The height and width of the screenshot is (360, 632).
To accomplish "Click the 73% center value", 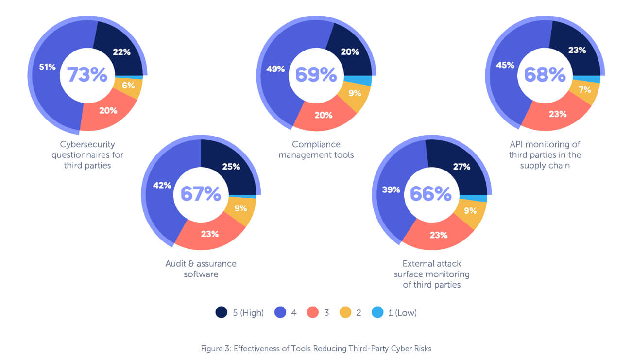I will coord(87,75).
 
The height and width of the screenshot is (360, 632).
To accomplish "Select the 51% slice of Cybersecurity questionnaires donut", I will coord(47,67).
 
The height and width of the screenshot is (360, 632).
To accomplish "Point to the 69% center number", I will coord(316,75).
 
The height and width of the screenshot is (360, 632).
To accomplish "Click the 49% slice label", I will coord(275,69).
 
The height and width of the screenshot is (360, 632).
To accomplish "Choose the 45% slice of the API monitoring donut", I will coord(505,65).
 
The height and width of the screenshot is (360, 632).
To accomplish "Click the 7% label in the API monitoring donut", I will coord(584,89).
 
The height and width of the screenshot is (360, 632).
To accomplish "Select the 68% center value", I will coord(545,75).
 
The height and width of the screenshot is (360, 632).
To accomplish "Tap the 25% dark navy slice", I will coord(231,166).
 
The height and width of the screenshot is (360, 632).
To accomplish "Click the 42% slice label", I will coord(162,185).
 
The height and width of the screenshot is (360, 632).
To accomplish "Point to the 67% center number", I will coord(201,193).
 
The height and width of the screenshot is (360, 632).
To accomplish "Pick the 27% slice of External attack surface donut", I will coord(461,167).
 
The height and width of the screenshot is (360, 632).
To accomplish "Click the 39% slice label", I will coord(391,189).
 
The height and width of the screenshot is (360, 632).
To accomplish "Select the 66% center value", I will coord(430,193).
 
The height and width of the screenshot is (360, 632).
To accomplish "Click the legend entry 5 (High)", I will coord(240,313).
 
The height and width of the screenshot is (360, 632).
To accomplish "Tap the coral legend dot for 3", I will coord(313,313).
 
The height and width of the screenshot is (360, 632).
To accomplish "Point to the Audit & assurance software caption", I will coord(201,269).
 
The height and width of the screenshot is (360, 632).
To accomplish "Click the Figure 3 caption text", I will coord(316,348).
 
